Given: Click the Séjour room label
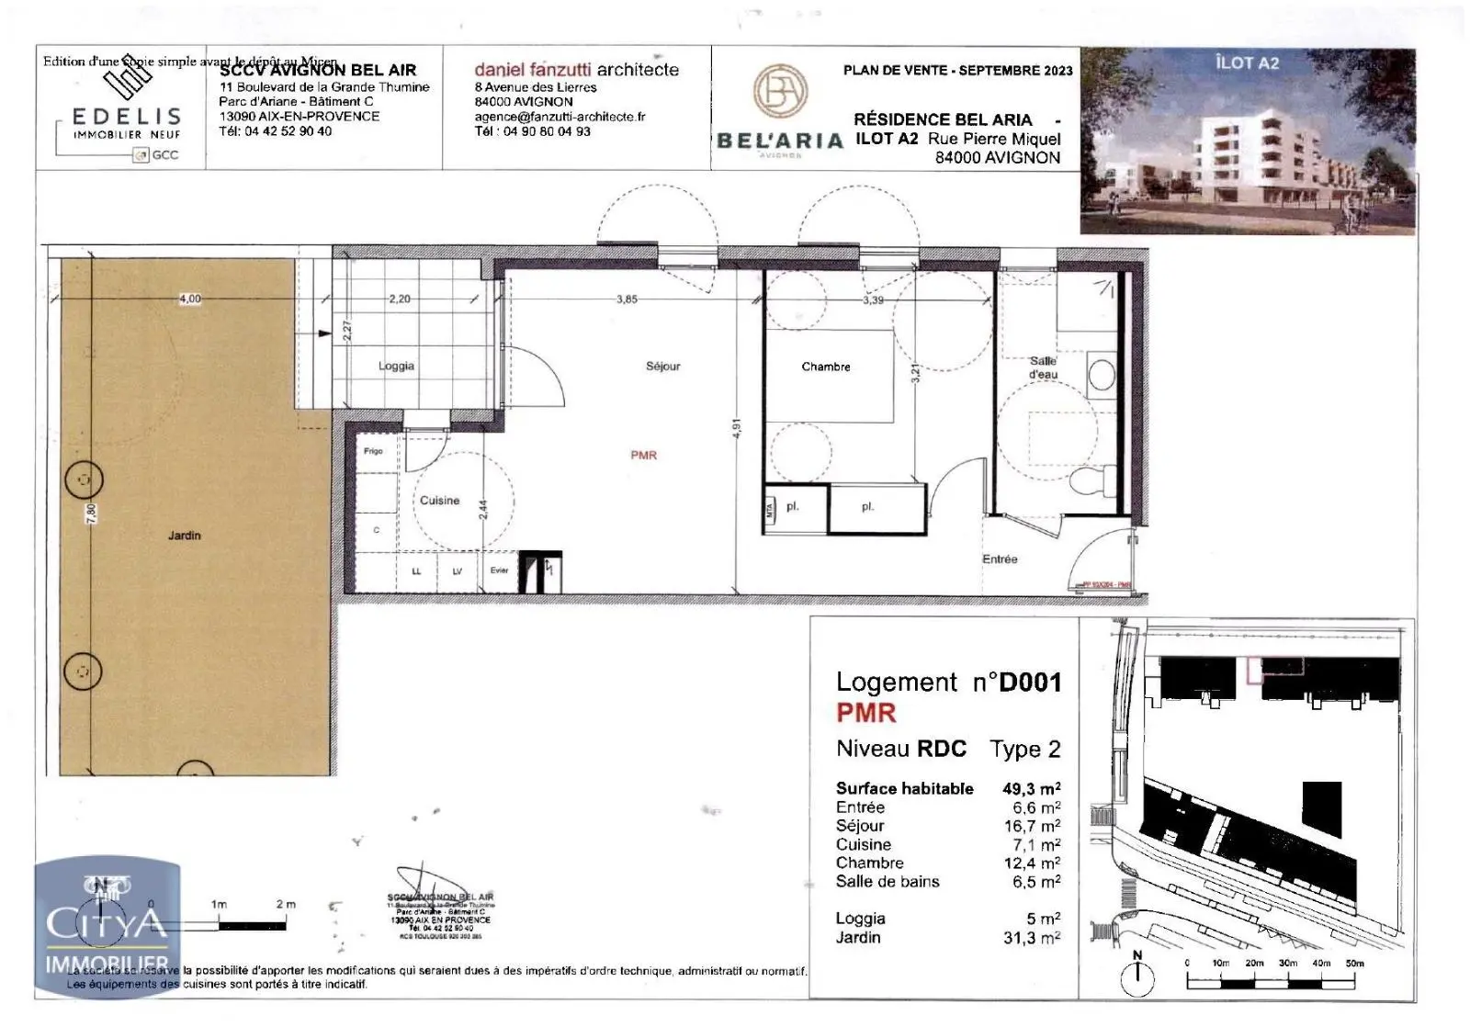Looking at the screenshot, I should (662, 366).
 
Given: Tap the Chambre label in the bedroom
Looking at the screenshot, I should (825, 367).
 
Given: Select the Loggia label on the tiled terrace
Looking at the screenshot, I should (396, 366).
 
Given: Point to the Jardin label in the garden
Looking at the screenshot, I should (184, 535).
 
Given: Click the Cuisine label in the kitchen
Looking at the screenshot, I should (439, 501).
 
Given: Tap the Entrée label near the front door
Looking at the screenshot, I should (1000, 559).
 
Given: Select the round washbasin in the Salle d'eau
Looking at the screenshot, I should (1101, 375).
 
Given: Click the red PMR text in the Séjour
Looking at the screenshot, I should (643, 455).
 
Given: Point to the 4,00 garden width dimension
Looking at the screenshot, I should (189, 299).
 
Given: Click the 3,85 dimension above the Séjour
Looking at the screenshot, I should (627, 299).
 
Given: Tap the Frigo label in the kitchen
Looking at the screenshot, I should (372, 451).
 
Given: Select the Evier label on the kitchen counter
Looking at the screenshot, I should (499, 570).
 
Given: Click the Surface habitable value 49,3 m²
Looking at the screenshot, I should (1031, 788).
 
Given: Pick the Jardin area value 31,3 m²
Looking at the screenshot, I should (1031, 938).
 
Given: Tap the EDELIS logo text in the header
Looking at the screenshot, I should (126, 117).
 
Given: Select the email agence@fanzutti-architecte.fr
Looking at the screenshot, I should (560, 117).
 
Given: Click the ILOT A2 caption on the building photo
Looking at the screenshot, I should (1246, 62).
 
